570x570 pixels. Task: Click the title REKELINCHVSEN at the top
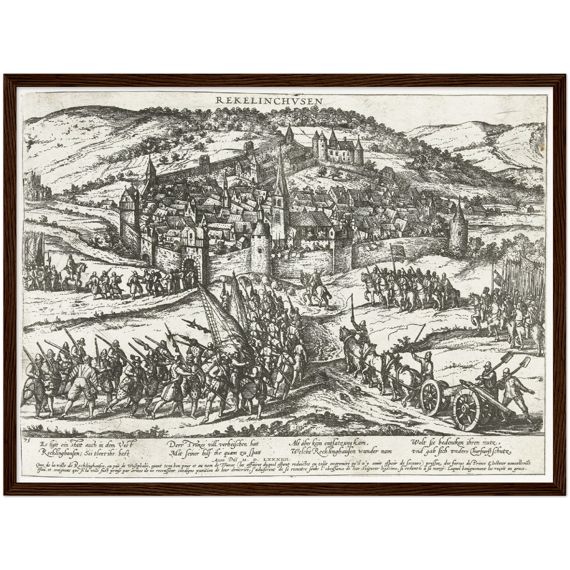(269, 101)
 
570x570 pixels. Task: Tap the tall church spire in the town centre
(280, 174)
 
